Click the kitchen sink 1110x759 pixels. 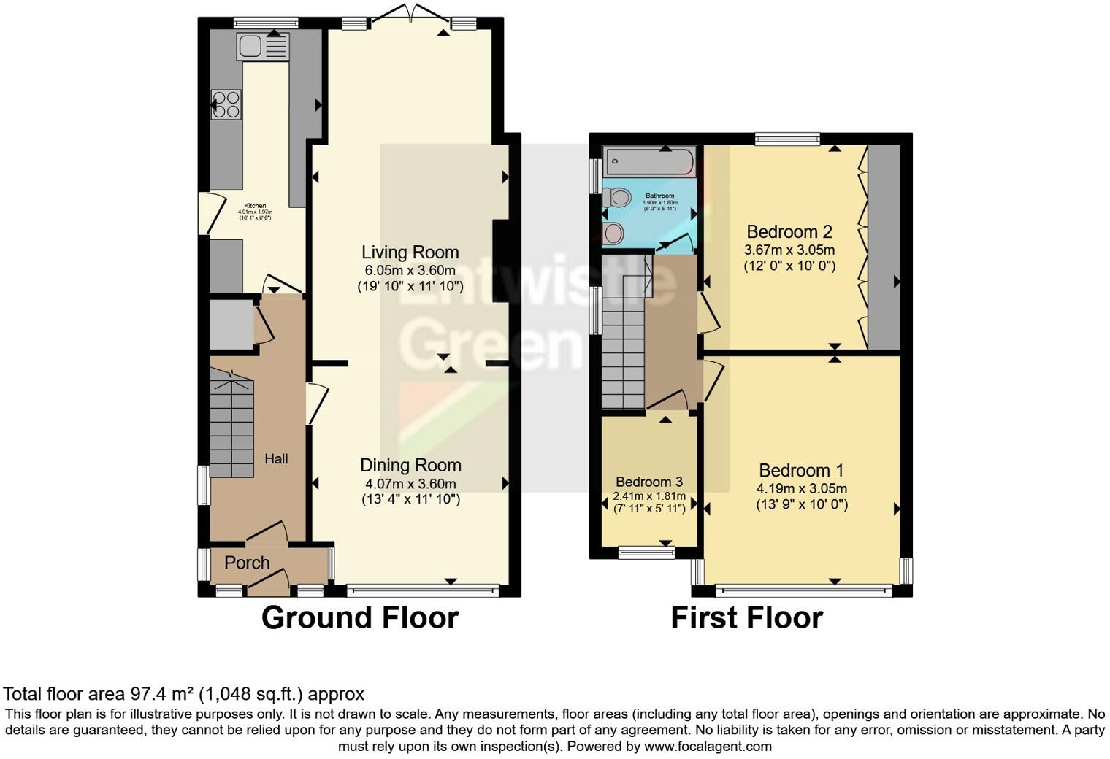click(262, 47)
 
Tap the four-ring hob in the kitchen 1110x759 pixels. click(226, 104)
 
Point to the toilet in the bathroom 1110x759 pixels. click(618, 197)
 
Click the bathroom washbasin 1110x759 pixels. click(614, 233)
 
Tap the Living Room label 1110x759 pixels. click(410, 253)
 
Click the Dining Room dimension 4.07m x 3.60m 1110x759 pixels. click(410, 484)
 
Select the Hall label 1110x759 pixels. click(276, 458)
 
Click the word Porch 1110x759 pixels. click(247, 563)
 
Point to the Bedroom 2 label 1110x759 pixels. click(789, 232)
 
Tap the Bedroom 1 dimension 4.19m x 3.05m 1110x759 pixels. click(802, 488)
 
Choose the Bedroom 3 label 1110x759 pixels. click(649, 482)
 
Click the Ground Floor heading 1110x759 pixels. click(360, 617)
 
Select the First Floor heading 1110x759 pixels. click(746, 617)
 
